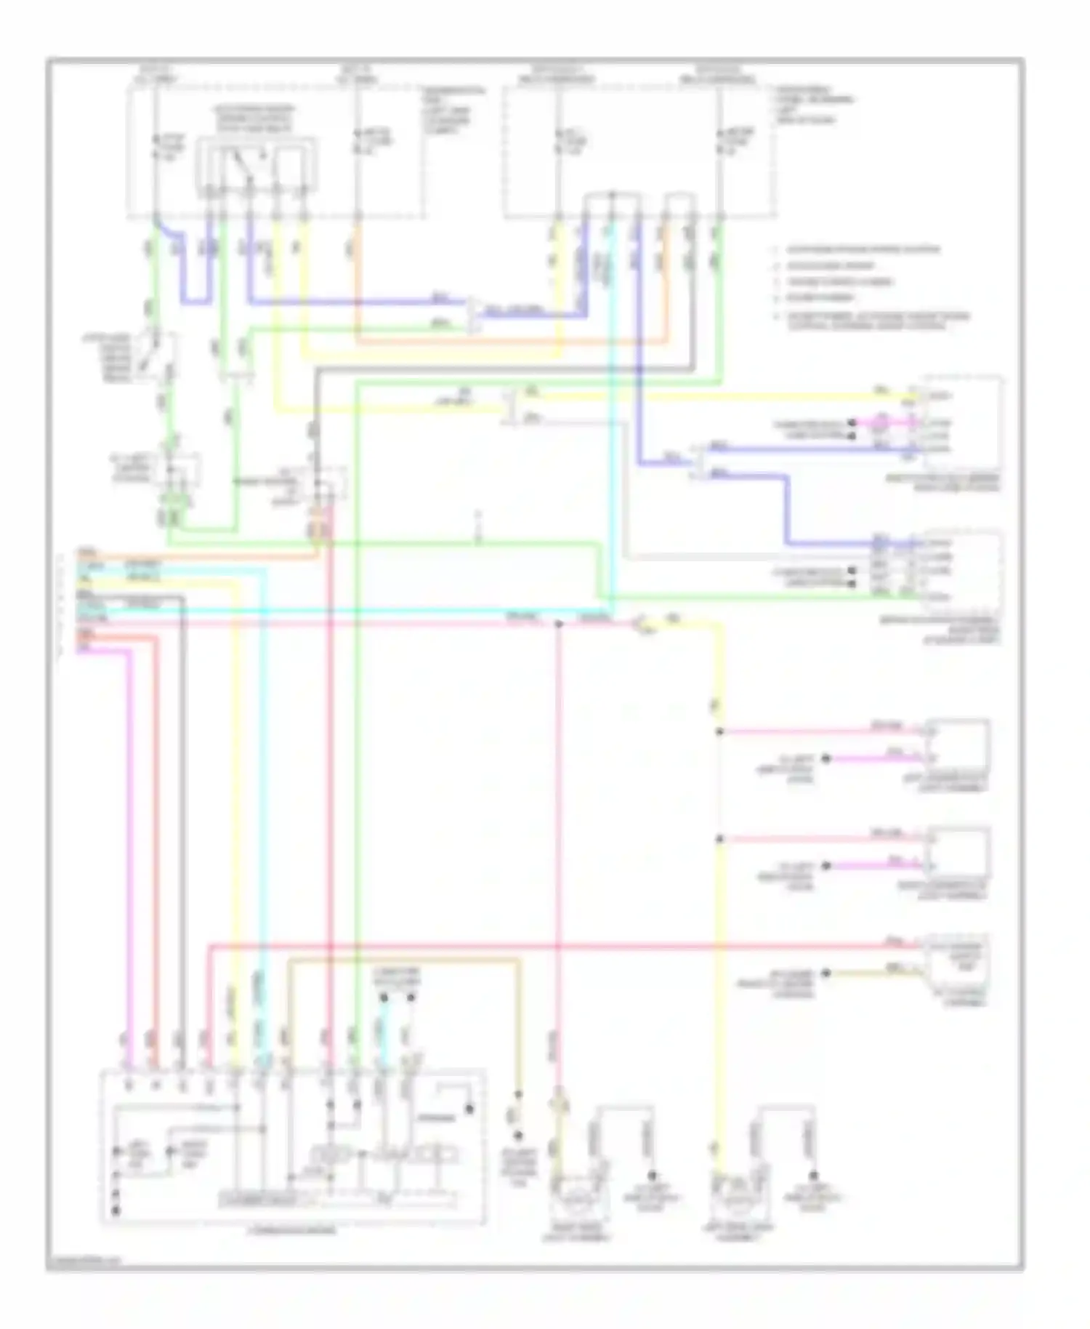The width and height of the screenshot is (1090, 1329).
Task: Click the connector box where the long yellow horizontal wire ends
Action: [x=959, y=396]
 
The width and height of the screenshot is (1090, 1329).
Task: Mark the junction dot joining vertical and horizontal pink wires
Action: [x=558, y=624]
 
